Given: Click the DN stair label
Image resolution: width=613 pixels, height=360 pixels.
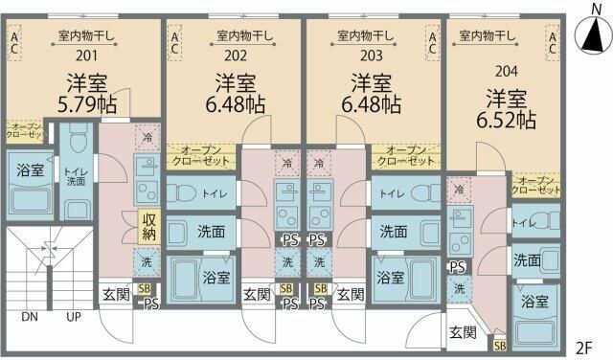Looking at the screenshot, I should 30,316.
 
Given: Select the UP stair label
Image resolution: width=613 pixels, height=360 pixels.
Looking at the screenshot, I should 73,316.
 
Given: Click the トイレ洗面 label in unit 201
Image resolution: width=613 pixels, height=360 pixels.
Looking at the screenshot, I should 77,178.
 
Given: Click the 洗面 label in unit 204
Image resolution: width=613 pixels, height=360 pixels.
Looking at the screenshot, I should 526,260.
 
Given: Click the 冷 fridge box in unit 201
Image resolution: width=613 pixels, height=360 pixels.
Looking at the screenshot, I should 148,138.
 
